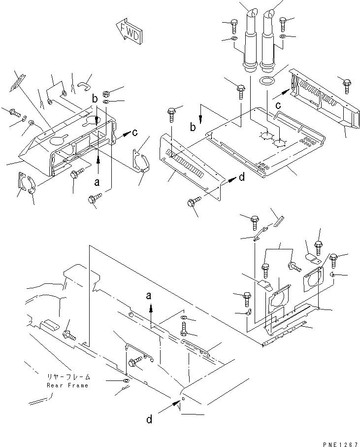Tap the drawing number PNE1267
coord(337,443)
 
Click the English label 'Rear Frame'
coord(67,385)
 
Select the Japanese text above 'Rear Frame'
coord(67,378)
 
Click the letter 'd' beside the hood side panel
coord(241,178)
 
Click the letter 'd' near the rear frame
coord(149,419)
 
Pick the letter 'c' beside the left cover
coord(135,132)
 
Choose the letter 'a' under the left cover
coord(97,181)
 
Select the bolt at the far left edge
coord(13,112)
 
